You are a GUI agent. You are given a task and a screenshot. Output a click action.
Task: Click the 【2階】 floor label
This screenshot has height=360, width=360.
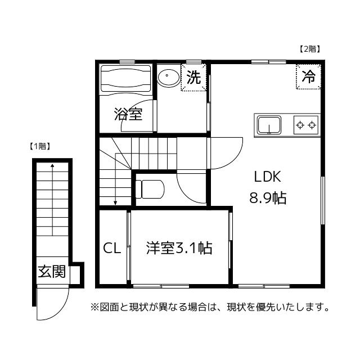tap(309, 49)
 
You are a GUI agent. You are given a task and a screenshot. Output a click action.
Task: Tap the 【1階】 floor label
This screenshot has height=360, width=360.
tap(40, 146)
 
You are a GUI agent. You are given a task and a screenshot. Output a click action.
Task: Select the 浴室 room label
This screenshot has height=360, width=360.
tap(128, 115)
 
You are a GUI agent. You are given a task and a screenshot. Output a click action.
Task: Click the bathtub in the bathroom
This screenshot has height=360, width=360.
tap(125, 79)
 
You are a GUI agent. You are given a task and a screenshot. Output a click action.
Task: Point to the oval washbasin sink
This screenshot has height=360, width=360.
tap(168, 77)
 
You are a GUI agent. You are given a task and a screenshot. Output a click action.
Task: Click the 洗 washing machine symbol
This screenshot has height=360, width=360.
tap(193, 78)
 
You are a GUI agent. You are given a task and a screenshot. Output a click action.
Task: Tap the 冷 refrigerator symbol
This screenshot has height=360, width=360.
tap(308, 77)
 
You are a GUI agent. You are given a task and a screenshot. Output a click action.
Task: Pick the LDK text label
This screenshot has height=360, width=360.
tap(267, 177)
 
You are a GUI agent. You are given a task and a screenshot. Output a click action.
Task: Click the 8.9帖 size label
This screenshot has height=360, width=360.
tap(268, 199)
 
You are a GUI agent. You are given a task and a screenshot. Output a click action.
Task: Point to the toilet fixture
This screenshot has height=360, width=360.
tap(149, 189)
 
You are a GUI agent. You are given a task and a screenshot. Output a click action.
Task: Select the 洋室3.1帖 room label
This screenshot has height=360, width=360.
tap(179, 248)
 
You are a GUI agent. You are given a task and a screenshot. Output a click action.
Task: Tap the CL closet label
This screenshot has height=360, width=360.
tap(111, 248)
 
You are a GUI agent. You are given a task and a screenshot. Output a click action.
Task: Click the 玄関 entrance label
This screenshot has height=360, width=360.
tap(52, 272)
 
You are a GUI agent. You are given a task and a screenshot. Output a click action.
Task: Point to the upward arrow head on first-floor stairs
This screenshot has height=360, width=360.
tap(52, 166)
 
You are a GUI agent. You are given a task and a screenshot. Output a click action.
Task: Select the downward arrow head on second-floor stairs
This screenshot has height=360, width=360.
tap(115, 204)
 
